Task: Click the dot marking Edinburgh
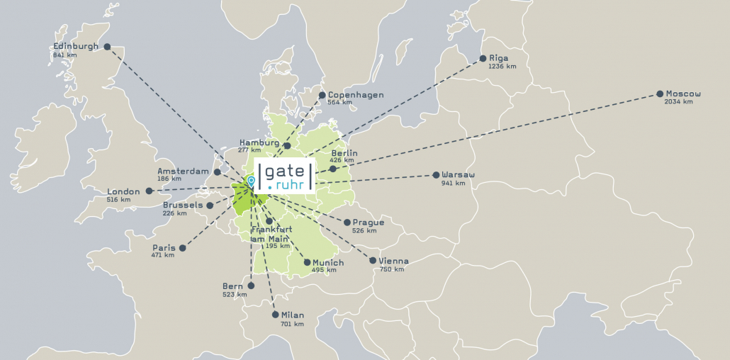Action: (107, 47)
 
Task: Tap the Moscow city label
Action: (683, 94)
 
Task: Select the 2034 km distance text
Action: (678, 102)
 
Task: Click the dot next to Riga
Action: (483, 58)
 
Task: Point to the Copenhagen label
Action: (355, 94)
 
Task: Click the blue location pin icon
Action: (251, 181)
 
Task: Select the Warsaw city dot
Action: (436, 175)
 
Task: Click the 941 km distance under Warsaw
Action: (453, 184)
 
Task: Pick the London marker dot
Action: (149, 191)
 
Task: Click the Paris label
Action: (164, 247)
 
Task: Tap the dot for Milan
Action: (275, 315)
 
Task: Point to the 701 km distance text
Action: (292, 324)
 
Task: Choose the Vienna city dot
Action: (373, 261)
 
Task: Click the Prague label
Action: (368, 222)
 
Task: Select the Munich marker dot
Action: (307, 262)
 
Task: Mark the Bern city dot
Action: (250, 286)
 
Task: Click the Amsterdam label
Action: (183, 171)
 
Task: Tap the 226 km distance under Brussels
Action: (174, 213)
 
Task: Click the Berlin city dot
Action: (332, 169)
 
